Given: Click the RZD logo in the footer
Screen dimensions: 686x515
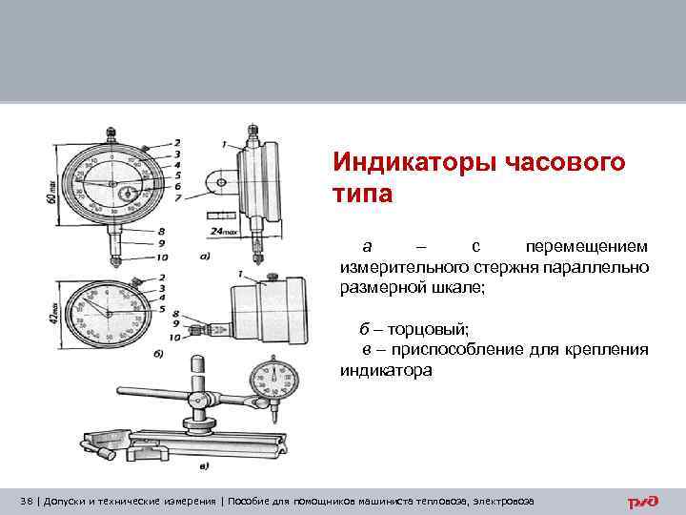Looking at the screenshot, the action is (x=643, y=501).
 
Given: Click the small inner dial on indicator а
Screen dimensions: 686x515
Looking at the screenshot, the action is (x=127, y=196).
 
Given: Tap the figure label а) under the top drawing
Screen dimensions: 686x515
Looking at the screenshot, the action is (x=205, y=256).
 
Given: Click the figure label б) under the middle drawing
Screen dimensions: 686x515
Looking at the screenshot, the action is (x=157, y=354).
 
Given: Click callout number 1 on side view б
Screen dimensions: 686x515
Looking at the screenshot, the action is (x=235, y=274).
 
